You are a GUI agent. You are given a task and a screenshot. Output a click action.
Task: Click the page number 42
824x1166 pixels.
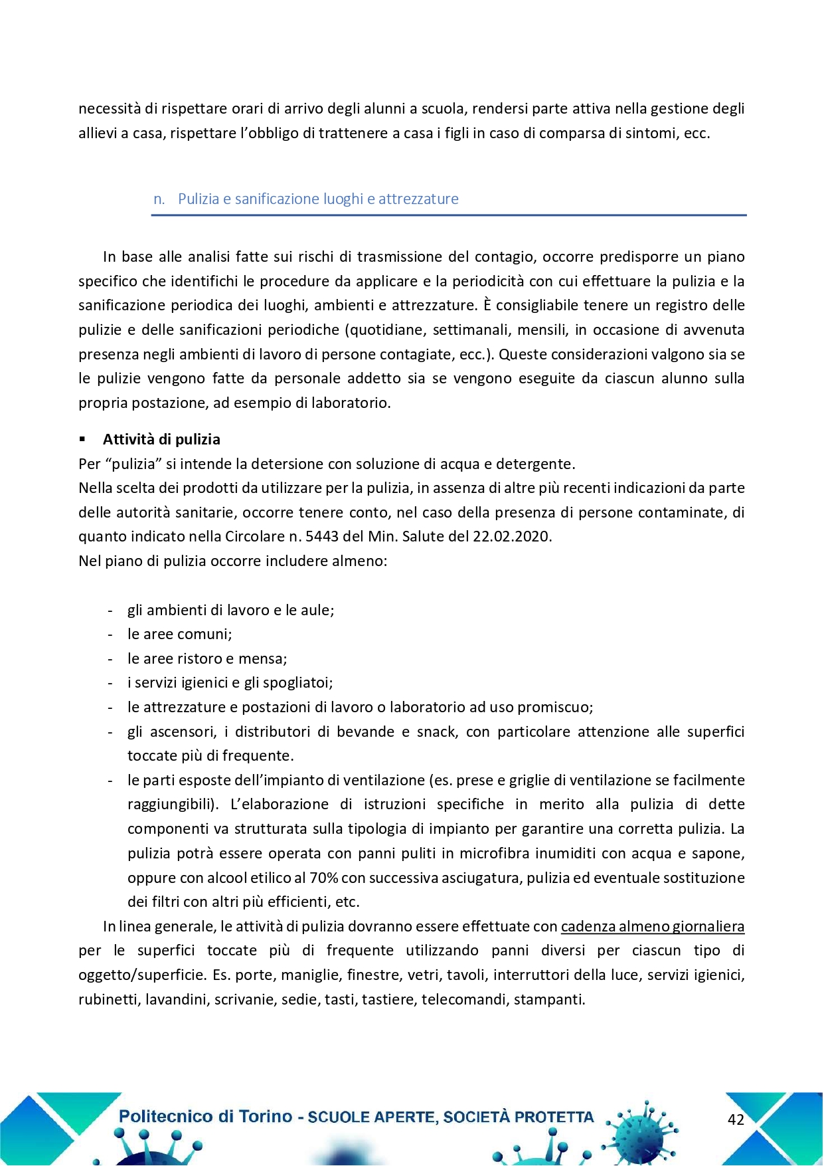736,1119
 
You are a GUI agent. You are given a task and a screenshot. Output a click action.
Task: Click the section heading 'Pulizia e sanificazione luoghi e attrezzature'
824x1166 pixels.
318,199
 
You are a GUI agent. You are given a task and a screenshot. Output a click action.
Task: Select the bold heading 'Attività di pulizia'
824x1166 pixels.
161,439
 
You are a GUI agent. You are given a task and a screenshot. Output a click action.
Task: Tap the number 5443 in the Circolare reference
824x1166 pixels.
323,536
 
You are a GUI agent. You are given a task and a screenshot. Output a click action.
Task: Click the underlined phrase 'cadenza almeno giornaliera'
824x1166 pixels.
653,926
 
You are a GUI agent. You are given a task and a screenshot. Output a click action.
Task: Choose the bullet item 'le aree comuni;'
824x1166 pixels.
179,634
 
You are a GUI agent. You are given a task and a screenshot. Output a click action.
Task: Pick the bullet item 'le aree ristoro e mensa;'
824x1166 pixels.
207,658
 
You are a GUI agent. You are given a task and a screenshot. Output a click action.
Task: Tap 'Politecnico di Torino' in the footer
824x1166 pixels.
205,1116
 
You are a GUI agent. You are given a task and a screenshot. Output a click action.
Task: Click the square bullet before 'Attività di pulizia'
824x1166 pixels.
82,439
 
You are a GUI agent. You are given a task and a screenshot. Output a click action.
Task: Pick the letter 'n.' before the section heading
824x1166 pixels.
159,199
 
